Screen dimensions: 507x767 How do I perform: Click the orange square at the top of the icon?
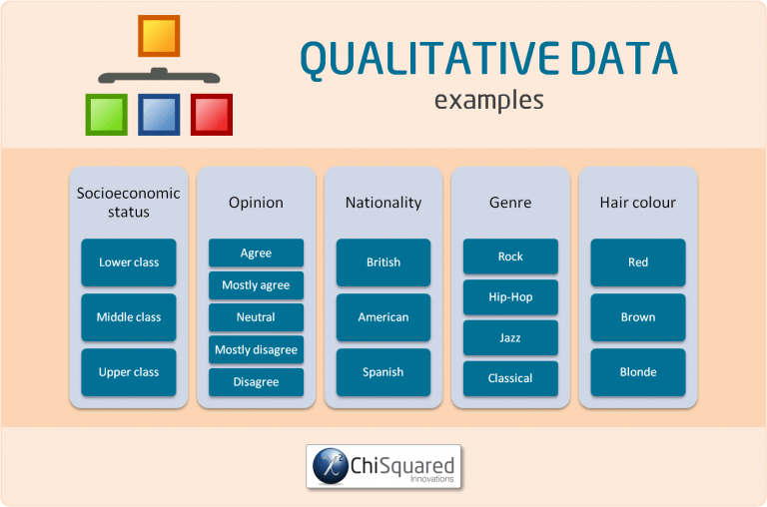159,36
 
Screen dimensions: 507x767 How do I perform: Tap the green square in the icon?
106,115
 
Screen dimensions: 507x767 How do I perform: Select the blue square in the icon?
159,115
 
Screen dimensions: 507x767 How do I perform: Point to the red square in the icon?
212,115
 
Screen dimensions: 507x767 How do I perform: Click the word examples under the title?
488,100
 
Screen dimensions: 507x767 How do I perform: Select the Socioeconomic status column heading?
128,202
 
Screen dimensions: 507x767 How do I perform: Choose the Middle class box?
128,317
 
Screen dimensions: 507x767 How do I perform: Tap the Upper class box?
128,372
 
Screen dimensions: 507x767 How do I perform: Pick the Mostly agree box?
256,285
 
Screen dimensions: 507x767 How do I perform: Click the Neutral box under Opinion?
256,317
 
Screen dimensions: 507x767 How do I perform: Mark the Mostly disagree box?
256,349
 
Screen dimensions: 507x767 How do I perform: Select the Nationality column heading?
383,203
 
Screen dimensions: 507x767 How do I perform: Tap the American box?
383,317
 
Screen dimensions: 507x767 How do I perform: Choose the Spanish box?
383,372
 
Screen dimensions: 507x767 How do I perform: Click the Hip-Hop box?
510,297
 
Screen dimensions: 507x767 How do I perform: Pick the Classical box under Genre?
510,378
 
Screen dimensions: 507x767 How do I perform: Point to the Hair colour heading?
637,203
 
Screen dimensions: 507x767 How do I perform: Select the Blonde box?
637,372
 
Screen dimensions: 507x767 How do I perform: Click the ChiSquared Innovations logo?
383,466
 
